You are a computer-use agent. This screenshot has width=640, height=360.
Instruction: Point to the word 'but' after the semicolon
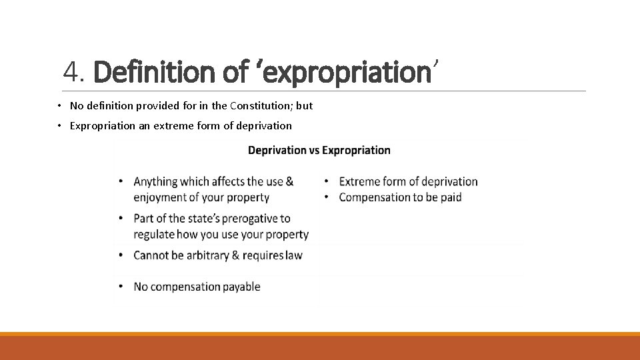pos(305,106)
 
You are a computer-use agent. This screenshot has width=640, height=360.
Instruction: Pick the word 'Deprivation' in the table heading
pos(276,150)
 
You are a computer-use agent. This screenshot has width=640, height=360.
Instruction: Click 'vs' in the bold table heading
pos(313,150)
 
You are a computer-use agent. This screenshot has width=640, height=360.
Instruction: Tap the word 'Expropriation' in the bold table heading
pos(356,151)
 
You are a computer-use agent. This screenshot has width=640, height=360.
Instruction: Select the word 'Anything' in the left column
pos(155,181)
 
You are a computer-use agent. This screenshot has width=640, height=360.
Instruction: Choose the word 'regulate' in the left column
pos(154,235)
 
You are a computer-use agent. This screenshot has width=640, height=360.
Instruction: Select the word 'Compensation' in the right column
pos(373,197)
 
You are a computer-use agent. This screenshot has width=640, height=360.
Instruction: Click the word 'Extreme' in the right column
pos(359,181)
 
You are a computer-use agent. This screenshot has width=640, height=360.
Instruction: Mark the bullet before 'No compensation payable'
pos(121,287)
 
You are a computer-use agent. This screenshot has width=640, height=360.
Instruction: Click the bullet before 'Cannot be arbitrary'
pos(121,255)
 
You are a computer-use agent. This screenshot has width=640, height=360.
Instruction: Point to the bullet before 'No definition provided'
pos(59,106)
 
